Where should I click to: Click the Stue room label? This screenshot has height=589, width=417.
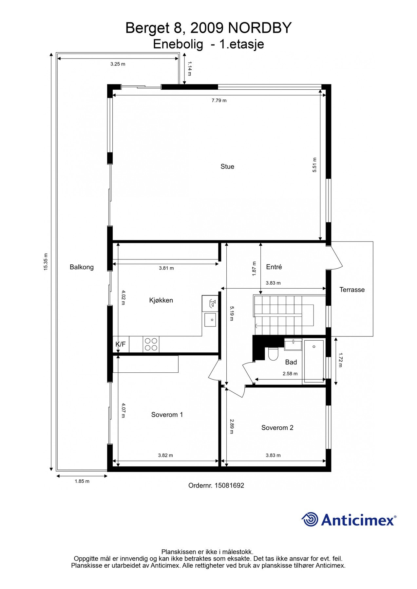pos(227,167)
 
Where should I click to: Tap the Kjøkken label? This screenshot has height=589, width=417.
pos(161,300)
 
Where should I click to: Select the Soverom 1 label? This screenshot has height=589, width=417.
pos(167,415)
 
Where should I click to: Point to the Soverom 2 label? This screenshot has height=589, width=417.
pos(277,428)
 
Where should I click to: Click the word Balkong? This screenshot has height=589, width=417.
pos(82,267)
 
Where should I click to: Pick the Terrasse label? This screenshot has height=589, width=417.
pos(352,290)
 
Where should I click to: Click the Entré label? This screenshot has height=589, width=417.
pos(274,267)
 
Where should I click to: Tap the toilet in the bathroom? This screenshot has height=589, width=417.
pos(273,353)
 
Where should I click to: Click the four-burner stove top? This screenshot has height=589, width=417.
pos(151,344)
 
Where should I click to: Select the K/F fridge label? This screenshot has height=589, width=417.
pos(121,344)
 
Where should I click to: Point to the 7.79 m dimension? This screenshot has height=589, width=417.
pos(219,100)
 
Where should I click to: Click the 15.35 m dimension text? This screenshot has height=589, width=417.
pos(46,262)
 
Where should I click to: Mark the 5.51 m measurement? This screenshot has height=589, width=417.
pos(314,165)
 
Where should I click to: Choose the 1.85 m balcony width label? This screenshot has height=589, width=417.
pos(82,481)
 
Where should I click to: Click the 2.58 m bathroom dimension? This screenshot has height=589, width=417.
pos(290,374)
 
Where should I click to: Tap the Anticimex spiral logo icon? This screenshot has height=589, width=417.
pos(310,519)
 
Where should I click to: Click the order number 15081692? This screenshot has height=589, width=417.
pos(229,486)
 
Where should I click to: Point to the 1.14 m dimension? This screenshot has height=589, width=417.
pos(189,69)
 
